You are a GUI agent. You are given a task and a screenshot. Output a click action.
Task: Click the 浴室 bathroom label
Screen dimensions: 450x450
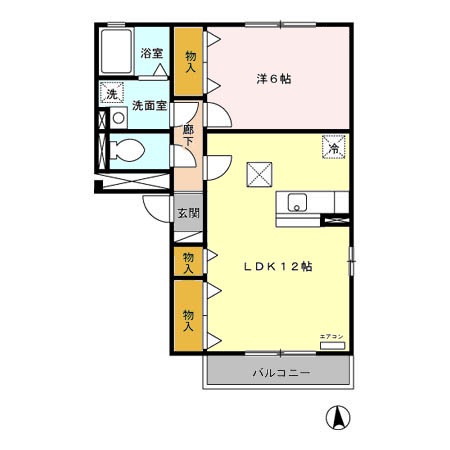pos(153,53)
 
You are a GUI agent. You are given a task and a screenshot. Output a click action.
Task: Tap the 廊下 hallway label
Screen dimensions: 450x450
pos(188,137)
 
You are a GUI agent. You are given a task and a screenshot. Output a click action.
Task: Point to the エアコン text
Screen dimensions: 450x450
pos(331,335)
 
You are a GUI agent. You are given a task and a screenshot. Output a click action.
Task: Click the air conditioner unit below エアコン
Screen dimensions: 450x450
pos(331,345)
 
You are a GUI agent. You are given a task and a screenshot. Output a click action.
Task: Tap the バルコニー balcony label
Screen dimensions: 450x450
pos(280,373)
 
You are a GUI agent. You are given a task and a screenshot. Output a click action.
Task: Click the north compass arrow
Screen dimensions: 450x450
pos(341,417)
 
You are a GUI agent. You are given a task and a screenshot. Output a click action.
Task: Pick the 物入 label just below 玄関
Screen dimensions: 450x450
pos(187,262)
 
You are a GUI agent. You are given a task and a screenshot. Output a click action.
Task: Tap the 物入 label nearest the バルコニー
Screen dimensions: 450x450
pos(187,317)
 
